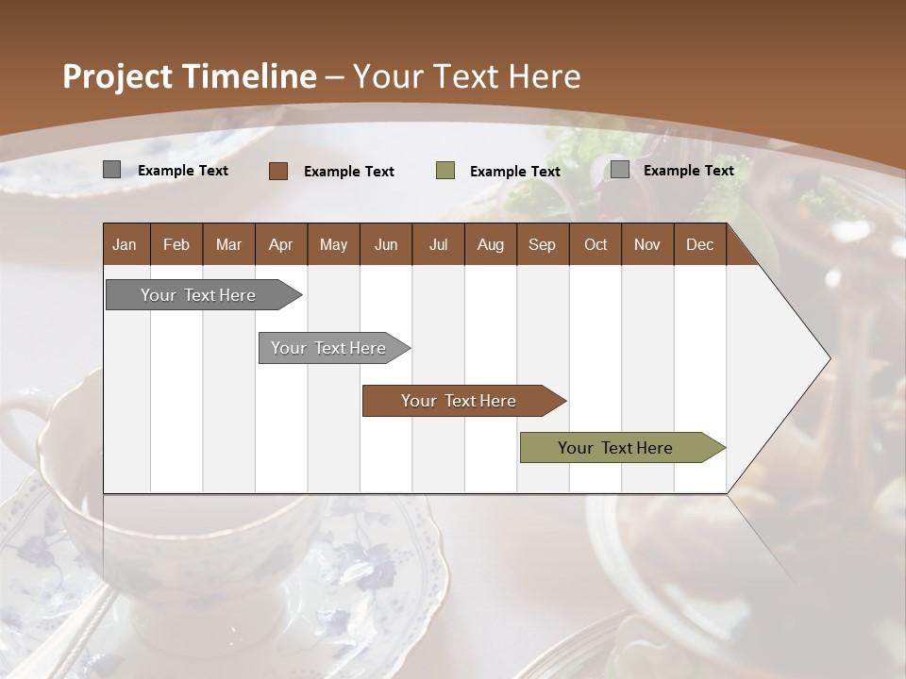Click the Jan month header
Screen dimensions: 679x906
click(125, 244)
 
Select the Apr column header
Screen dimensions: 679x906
click(280, 244)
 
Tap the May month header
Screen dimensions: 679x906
click(333, 244)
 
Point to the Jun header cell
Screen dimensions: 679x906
click(386, 244)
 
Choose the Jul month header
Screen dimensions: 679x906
click(438, 244)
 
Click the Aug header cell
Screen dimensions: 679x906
click(490, 244)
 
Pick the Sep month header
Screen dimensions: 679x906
click(542, 244)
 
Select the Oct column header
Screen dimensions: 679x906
click(596, 244)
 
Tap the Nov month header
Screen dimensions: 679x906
click(646, 244)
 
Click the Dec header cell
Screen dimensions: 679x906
click(699, 244)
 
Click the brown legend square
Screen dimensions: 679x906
click(278, 171)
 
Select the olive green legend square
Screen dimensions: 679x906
click(445, 171)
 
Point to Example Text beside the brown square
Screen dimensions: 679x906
click(348, 172)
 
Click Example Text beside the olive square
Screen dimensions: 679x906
click(514, 172)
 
